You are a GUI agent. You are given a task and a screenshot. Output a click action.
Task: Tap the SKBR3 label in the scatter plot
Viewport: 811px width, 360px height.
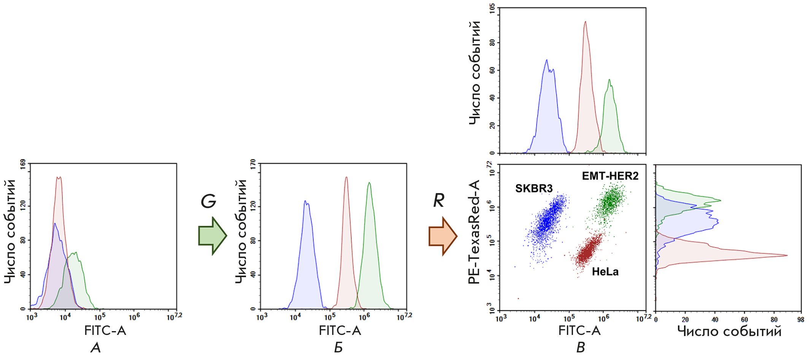534,188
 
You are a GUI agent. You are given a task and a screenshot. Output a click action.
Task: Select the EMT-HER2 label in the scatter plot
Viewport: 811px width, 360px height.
610,176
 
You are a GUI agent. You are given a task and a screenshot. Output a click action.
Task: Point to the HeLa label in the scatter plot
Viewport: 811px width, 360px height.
605,272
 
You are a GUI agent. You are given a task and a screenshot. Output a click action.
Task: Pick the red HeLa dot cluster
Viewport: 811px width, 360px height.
587,251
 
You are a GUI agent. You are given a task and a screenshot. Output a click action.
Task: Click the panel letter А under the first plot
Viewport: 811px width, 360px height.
96,347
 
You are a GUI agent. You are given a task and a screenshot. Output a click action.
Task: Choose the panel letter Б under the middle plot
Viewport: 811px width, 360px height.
338,347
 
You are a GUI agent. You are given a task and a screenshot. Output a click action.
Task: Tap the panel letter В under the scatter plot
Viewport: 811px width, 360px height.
581,347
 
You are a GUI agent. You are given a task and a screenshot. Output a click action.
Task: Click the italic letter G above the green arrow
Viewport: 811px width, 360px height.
208,201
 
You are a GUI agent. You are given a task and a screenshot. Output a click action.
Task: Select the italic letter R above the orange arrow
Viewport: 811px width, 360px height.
439,200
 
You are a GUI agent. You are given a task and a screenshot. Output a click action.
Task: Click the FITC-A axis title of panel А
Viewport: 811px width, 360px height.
105,331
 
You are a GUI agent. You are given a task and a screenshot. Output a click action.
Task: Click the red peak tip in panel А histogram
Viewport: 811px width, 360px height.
59,177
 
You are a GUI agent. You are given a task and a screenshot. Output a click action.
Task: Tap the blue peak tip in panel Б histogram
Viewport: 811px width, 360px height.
305,201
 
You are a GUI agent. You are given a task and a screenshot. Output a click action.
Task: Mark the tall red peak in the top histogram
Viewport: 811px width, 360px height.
585,22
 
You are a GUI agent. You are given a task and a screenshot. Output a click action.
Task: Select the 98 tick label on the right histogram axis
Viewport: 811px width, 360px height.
801,320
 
